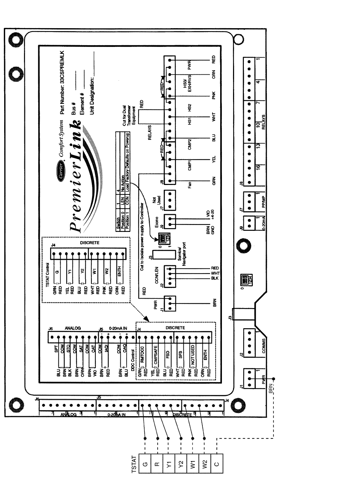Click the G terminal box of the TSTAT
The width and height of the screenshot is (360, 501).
pyautogui.click(x=145, y=464)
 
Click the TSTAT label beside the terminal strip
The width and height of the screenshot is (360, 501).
pyautogui.click(x=134, y=464)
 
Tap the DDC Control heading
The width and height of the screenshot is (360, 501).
pyautogui.click(x=132, y=359)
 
